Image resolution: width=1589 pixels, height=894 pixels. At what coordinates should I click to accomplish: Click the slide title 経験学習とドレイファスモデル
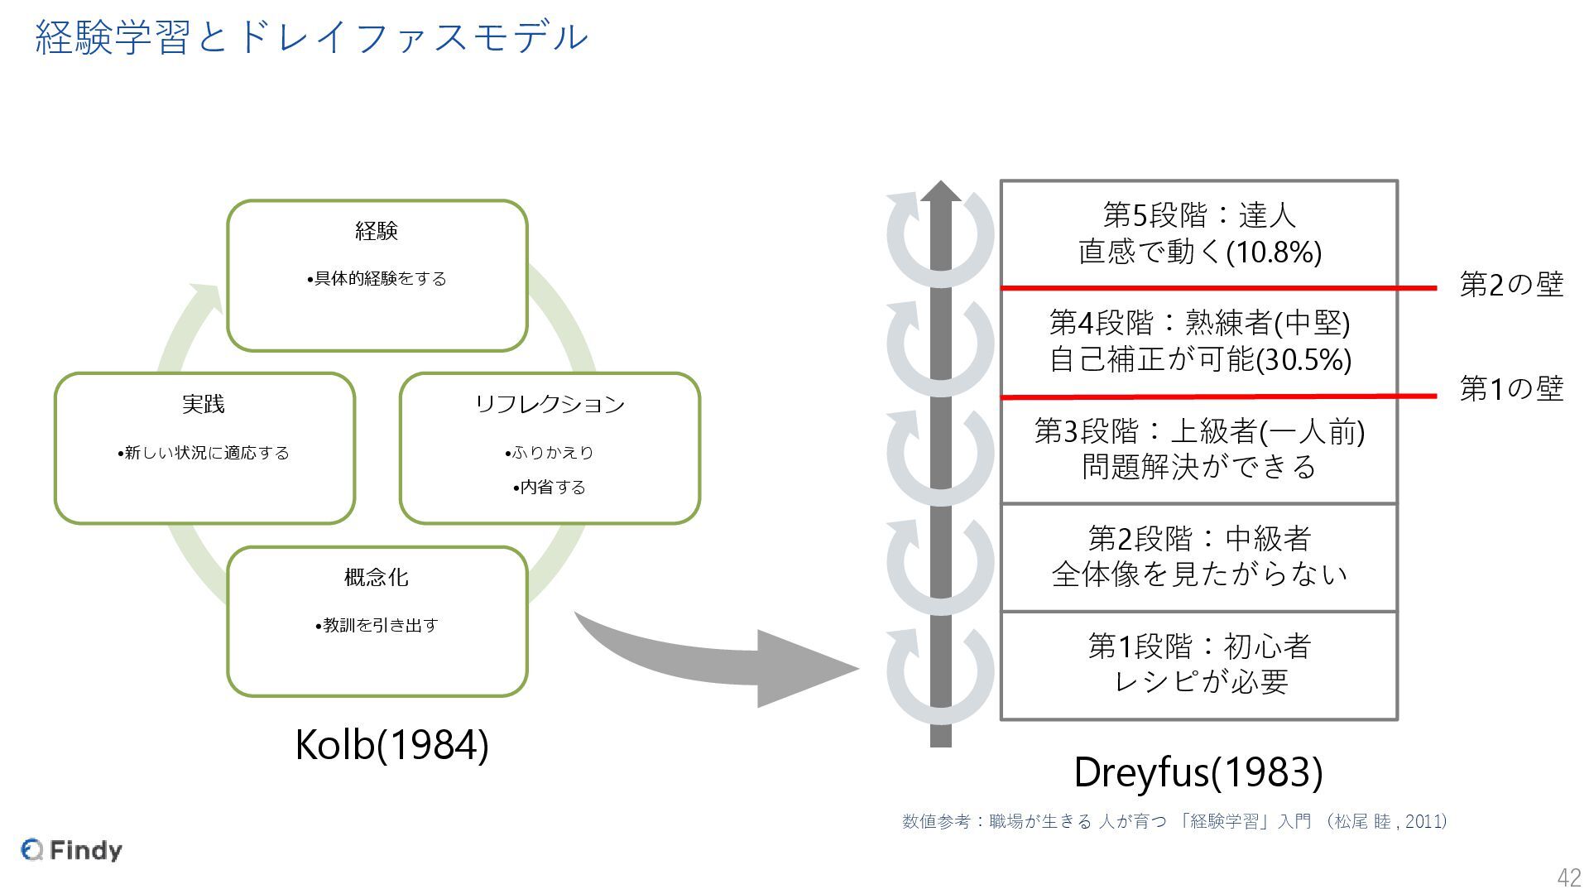pyautogui.click(x=311, y=37)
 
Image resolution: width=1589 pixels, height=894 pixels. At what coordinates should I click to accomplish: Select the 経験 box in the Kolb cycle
pyautogui.click(x=377, y=275)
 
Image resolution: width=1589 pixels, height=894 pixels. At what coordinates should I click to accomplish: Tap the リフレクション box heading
pyautogui.click(x=550, y=404)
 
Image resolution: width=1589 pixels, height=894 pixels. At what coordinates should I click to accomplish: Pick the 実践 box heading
pyautogui.click(x=204, y=404)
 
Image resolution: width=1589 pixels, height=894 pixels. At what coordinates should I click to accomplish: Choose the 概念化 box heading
pyautogui.click(x=377, y=577)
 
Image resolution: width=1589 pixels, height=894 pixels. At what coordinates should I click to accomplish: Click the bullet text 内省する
pyautogui.click(x=550, y=487)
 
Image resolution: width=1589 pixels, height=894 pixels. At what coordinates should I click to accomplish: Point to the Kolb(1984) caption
pyautogui.click(x=391, y=744)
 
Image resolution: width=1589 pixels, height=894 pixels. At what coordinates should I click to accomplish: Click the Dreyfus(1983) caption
pyautogui.click(x=1198, y=771)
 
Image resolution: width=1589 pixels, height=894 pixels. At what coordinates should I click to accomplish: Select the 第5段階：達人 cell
pyautogui.click(x=1198, y=233)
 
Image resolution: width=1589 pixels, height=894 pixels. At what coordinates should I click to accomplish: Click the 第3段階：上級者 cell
pyautogui.click(x=1198, y=449)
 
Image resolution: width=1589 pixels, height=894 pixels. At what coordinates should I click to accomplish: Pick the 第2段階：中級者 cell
pyautogui.click(x=1198, y=556)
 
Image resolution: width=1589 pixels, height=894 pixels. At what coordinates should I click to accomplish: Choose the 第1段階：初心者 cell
pyautogui.click(x=1198, y=664)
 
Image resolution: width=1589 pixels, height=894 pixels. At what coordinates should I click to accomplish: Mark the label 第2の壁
pyautogui.click(x=1510, y=285)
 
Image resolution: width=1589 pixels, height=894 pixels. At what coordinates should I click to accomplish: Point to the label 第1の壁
pyautogui.click(x=1510, y=388)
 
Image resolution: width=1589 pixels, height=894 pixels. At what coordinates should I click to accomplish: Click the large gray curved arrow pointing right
pyautogui.click(x=728, y=662)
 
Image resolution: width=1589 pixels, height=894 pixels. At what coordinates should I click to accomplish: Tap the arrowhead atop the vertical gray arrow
pyautogui.click(x=941, y=192)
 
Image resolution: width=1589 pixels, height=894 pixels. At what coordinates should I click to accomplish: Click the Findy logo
pyautogui.click(x=72, y=849)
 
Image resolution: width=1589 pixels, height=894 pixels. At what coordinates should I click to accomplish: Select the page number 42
pyautogui.click(x=1568, y=877)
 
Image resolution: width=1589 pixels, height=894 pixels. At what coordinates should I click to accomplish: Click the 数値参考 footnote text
pyautogui.click(x=1174, y=821)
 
